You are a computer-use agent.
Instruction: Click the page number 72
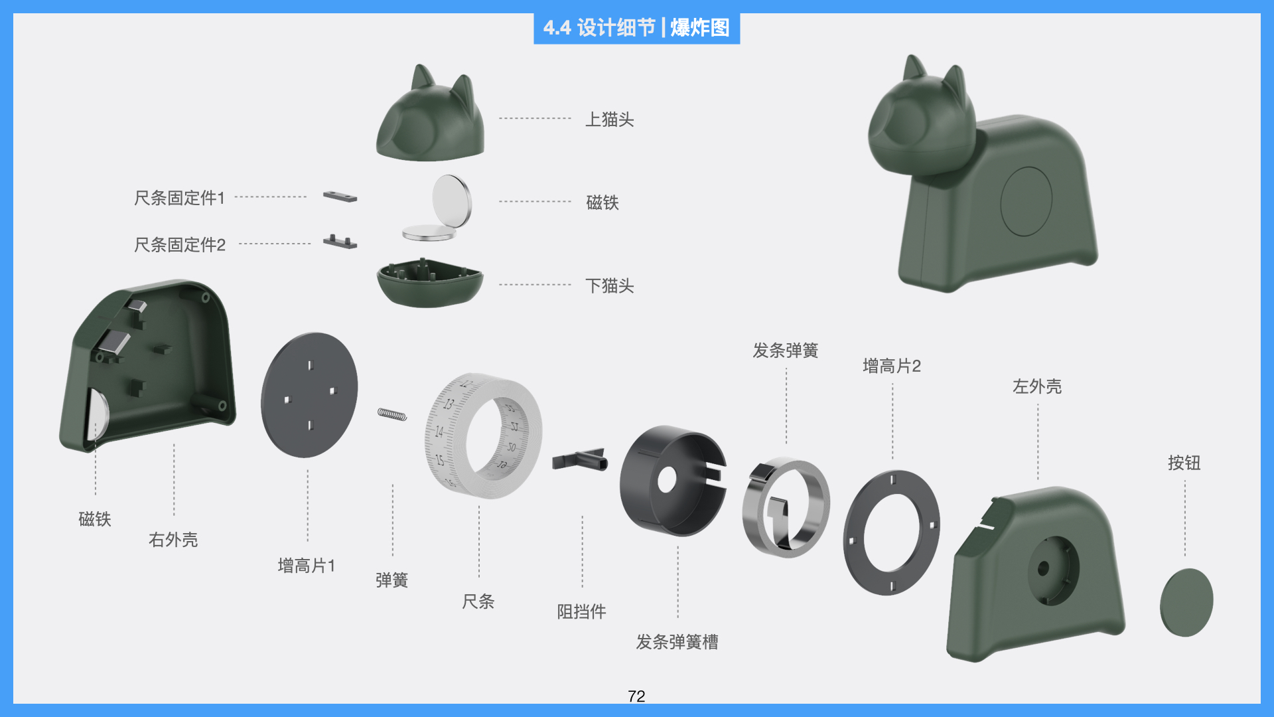(636, 696)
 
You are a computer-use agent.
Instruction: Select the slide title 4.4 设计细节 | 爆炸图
(636, 28)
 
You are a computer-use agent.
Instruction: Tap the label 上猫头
(609, 119)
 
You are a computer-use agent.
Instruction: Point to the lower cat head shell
(429, 284)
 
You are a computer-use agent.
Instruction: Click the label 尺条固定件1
(179, 198)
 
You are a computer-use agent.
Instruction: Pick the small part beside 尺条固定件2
(340, 242)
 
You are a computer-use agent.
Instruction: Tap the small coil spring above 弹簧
(392, 415)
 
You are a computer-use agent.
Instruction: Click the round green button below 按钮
(1186, 602)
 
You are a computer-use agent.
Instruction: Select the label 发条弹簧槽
(677, 642)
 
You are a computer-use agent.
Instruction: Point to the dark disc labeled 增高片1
(309, 395)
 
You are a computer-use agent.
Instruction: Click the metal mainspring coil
(786, 508)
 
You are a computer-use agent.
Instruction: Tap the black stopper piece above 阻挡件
(580, 459)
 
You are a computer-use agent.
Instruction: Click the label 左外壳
(1036, 386)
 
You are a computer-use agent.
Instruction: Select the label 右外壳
(173, 540)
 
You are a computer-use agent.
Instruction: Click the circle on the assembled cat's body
(1026, 201)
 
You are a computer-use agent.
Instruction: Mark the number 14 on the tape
(439, 432)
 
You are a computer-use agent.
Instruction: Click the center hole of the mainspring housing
(666, 479)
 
